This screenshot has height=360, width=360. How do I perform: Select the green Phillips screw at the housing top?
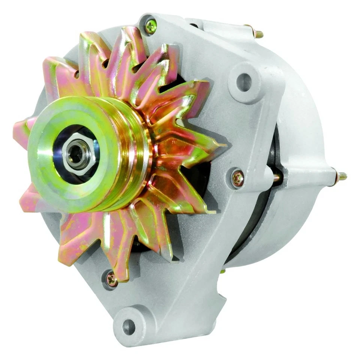(150, 25)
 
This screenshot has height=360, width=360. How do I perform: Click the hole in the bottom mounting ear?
(129, 327)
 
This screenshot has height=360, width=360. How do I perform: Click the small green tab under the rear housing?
(223, 270)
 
